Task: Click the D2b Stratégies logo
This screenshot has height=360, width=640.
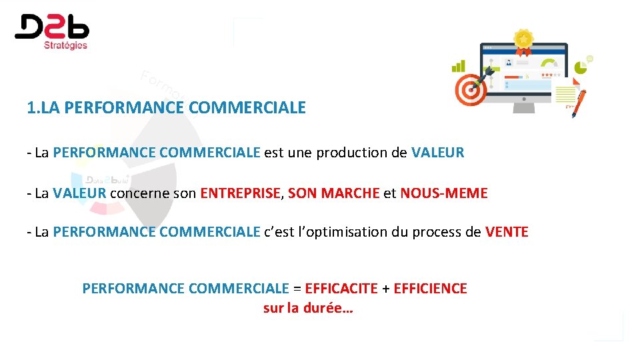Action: click(x=52, y=31)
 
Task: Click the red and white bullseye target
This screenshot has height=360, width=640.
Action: click(x=471, y=89)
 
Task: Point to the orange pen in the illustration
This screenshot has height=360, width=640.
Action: click(x=579, y=103)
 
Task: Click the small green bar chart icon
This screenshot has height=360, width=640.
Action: click(x=459, y=66)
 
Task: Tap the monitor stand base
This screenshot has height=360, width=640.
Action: click(x=524, y=109)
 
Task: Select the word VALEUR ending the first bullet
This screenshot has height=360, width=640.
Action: click(x=437, y=153)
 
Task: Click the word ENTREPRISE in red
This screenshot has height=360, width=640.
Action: click(x=242, y=194)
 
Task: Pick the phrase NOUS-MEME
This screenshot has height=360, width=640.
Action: click(x=444, y=194)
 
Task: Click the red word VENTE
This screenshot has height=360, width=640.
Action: click(x=507, y=233)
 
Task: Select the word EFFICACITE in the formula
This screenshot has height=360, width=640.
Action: click(x=341, y=289)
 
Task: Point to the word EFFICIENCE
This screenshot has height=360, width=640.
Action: click(x=431, y=289)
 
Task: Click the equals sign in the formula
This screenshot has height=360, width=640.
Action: click(x=297, y=289)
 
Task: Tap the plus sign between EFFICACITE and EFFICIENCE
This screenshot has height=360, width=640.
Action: click(x=385, y=289)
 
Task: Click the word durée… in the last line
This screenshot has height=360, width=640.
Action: click(x=328, y=309)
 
